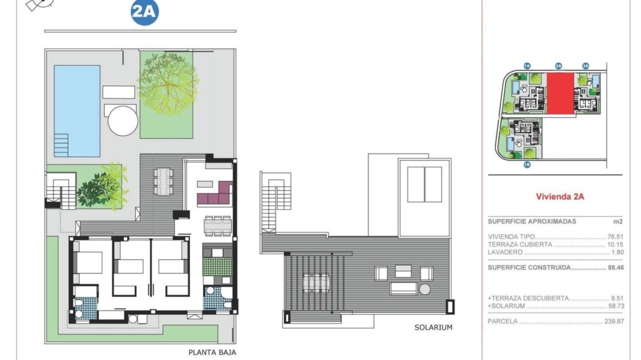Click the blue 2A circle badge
(145, 12)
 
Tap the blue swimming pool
(77, 111)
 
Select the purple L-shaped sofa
(215, 194)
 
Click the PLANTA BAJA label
(212, 352)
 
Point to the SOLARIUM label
(433, 327)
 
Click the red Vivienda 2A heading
(560, 196)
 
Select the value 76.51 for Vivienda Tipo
(615, 237)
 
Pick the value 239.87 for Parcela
(614, 321)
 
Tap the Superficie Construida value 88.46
(615, 268)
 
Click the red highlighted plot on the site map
(561, 94)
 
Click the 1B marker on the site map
(527, 165)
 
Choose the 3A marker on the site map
(586, 66)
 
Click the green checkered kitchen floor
(218, 266)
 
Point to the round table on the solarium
(425, 290)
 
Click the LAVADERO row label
(505, 253)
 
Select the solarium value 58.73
(615, 306)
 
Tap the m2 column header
(618, 222)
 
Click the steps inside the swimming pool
(61, 145)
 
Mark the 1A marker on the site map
(527, 66)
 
